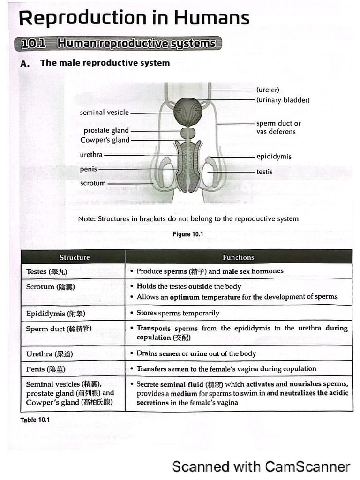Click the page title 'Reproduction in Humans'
click(134, 18)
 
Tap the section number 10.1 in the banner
click(34, 44)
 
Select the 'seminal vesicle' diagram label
click(104, 112)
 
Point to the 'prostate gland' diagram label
click(106, 130)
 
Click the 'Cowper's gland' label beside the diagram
click(105, 140)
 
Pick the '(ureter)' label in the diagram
click(268, 90)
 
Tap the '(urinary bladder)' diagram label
click(283, 100)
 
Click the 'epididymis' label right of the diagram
click(274, 157)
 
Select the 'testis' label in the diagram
click(264, 172)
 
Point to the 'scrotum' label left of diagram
click(93, 183)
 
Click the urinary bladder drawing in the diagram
click(188, 110)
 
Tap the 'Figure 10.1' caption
click(188, 234)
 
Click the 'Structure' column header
click(75, 257)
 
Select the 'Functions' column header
click(238, 257)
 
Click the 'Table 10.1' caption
click(35, 420)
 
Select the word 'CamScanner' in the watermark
click(307, 466)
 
